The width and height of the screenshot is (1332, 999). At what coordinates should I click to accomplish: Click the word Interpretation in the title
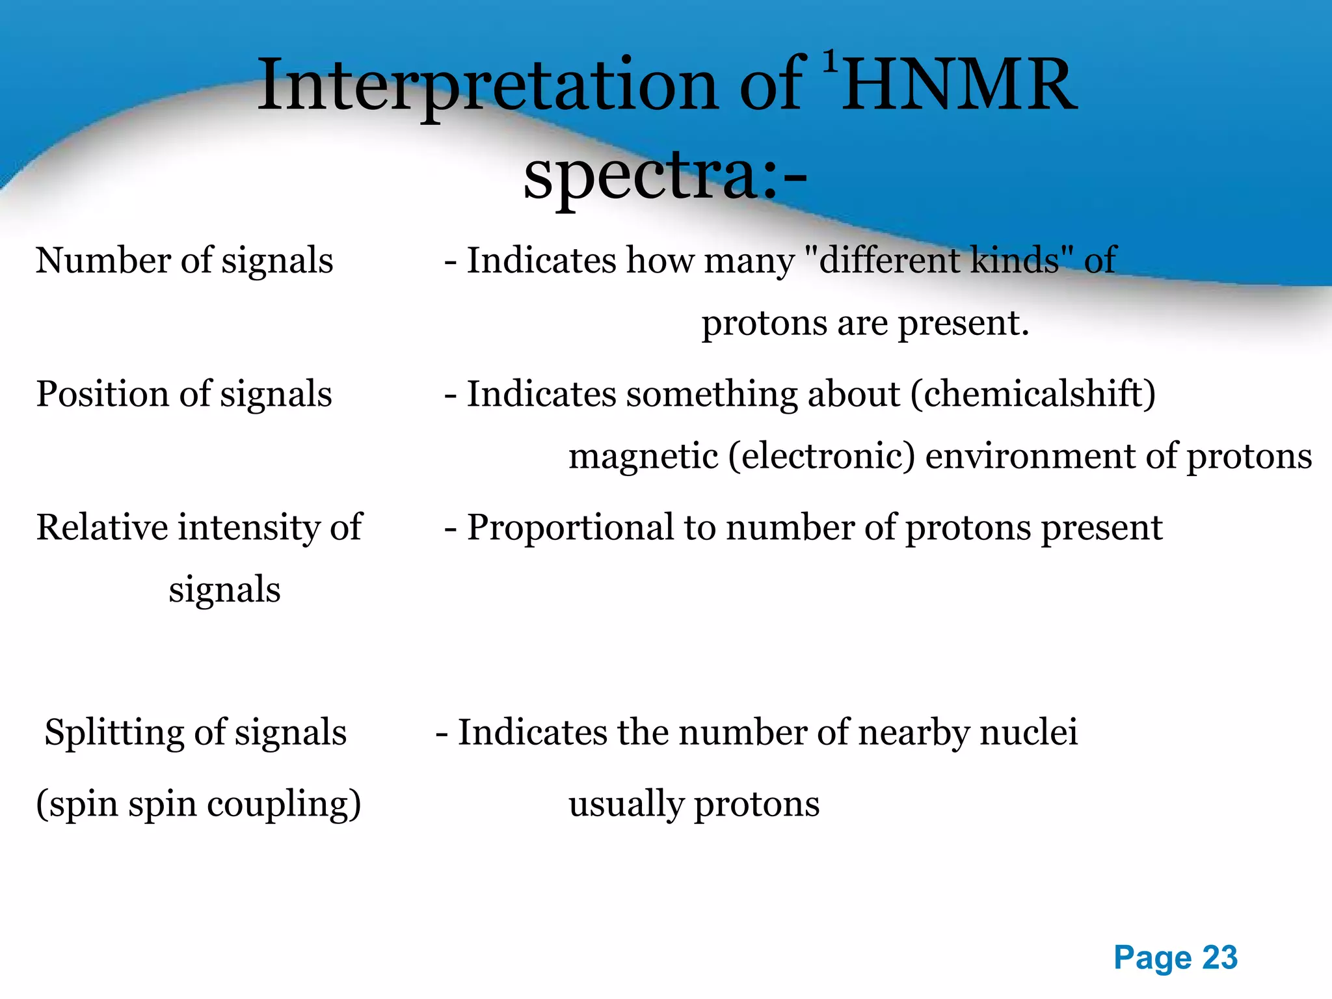click(x=486, y=86)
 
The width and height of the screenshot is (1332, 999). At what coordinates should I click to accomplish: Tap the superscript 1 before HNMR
click(x=829, y=62)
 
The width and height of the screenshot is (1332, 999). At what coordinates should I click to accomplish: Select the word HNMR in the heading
click(x=958, y=86)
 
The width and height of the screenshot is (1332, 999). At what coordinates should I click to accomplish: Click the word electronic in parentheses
click(x=821, y=456)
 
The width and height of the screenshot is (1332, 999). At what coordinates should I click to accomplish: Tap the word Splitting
click(x=114, y=732)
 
